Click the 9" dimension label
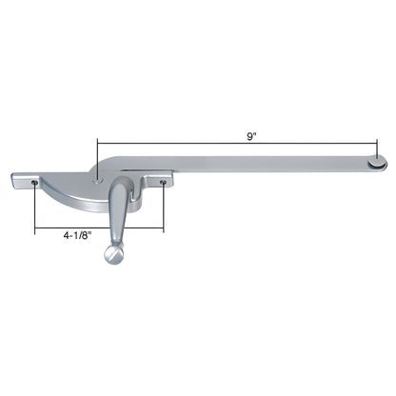251,136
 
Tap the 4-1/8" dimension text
77,235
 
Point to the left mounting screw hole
34,183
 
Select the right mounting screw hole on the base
164,183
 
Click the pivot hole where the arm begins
98,181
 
